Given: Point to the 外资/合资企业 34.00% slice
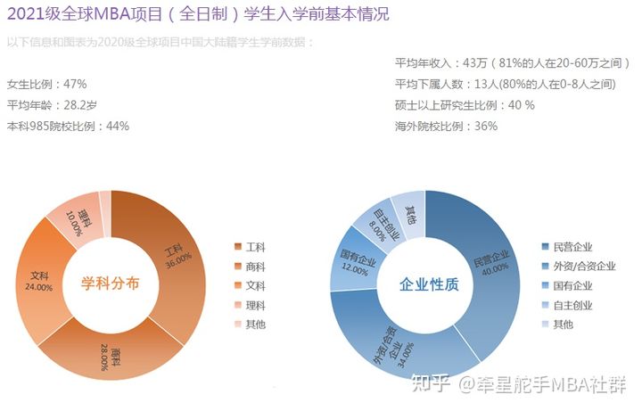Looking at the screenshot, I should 392,348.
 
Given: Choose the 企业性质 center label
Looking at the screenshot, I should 428,284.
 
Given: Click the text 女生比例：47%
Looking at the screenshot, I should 46,84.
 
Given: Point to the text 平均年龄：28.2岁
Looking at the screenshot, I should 52,105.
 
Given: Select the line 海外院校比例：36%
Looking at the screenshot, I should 446,127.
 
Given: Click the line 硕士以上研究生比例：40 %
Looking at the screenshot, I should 465,105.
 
